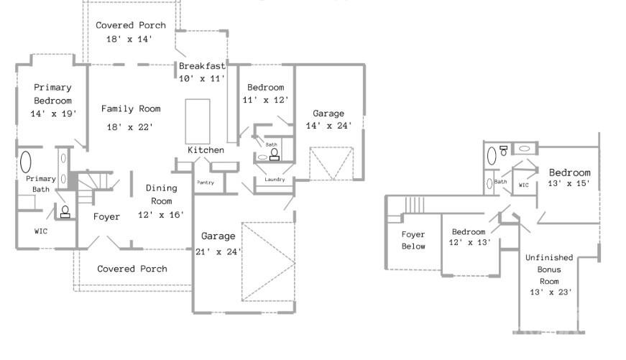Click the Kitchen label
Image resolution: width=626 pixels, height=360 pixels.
(x=206, y=150)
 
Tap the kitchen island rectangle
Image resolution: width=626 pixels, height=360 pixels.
(x=198, y=121)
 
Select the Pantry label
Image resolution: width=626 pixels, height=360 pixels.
(x=206, y=183)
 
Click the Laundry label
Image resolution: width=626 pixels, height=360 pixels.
(x=275, y=180)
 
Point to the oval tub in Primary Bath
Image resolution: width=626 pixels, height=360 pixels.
(x=26, y=162)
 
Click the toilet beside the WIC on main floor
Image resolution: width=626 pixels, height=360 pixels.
(x=65, y=212)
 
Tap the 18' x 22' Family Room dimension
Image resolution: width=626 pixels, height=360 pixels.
(x=130, y=127)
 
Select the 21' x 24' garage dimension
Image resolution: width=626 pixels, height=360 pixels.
(x=218, y=251)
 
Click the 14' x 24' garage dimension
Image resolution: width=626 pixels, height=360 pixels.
(x=328, y=126)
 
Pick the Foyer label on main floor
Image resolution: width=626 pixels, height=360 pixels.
(x=106, y=217)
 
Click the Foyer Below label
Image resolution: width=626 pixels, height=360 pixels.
(x=413, y=240)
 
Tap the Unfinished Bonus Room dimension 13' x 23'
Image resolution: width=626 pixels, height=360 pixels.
(x=551, y=292)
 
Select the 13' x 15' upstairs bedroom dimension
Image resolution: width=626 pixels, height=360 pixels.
(x=569, y=183)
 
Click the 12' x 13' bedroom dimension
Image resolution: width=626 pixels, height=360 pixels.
(x=469, y=242)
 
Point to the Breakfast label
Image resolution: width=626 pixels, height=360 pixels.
(x=202, y=66)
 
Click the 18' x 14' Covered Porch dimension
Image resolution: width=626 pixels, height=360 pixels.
(x=130, y=39)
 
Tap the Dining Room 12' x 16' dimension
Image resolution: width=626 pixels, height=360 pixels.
(x=161, y=215)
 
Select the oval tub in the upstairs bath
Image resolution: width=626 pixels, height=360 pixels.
(x=492, y=156)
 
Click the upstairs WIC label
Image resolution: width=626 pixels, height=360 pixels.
(x=524, y=185)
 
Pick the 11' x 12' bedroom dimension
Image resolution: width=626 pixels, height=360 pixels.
(x=265, y=100)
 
